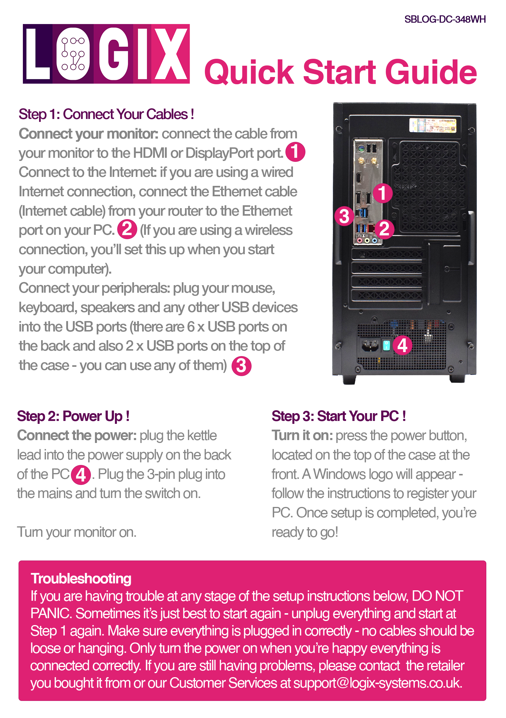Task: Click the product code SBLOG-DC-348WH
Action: [445, 19]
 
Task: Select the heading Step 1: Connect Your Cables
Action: [106, 114]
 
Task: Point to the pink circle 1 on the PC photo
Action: [382, 193]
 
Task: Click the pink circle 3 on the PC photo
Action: [344, 216]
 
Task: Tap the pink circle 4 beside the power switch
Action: [402, 345]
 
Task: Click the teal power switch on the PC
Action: [386, 345]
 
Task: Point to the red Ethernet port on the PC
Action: [371, 228]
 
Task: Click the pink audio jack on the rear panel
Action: [360, 241]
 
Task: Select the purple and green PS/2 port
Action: [360, 149]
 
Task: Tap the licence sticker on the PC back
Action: [432, 125]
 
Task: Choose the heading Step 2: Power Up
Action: [73, 416]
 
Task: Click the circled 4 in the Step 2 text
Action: [81, 475]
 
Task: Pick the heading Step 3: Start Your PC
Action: [339, 416]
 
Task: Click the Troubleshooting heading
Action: [81, 578]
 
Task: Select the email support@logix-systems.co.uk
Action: [377, 683]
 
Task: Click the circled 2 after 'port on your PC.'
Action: [127, 229]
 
